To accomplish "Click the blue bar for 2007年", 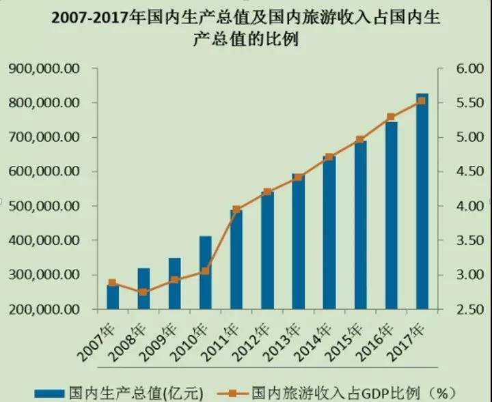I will tap(113, 298).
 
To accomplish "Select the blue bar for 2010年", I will tap(206, 273).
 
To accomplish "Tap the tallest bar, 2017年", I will tap(422, 201).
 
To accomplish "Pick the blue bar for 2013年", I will tap(298, 242).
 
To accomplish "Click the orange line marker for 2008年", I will tap(143, 292).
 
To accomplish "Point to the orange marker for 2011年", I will tap(236, 210).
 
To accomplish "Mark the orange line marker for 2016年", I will tap(391, 117).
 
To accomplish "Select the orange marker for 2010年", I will tap(206, 272).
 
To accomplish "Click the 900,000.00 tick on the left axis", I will tap(43, 69).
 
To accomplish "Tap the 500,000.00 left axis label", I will tap(43, 206).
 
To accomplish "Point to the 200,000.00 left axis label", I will tap(43, 309).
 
